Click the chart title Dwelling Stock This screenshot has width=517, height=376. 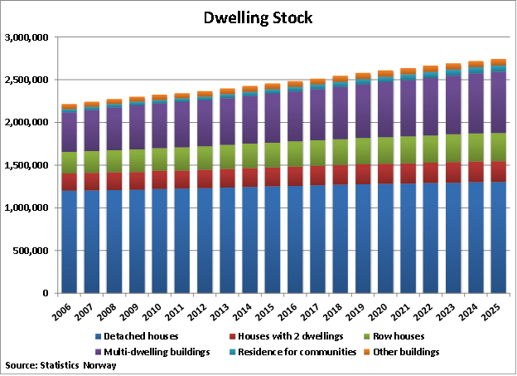[258, 17]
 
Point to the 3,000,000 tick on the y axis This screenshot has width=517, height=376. [27, 37]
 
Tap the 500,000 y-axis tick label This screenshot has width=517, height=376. [30, 251]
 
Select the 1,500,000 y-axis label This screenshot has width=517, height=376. [27, 165]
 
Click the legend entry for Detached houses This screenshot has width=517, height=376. [137, 335]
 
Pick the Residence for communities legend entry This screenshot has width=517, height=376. [285, 352]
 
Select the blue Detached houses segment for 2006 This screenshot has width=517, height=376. [69, 241]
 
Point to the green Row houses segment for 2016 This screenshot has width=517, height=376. [295, 154]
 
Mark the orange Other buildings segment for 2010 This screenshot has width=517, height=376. [159, 97]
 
